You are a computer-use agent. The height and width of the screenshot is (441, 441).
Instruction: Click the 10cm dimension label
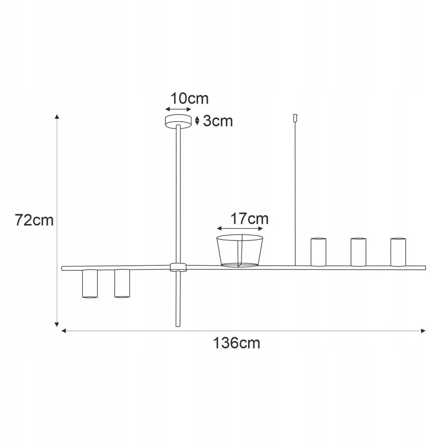[190, 98]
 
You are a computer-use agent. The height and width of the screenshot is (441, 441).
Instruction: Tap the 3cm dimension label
[218, 121]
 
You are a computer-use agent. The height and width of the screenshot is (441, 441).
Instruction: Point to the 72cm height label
[34, 220]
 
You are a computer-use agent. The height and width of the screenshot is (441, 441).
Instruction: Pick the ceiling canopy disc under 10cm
[178, 121]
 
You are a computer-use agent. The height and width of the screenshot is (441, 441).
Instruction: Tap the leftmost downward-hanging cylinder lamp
[90, 283]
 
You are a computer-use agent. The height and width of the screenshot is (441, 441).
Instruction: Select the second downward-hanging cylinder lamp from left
[122, 283]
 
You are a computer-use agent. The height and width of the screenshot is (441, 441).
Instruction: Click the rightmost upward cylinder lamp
[398, 252]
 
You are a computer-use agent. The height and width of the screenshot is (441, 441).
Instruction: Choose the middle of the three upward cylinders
[358, 252]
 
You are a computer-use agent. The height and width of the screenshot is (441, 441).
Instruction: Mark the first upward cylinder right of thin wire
[318, 252]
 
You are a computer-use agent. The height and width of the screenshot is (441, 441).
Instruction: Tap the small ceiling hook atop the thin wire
[295, 118]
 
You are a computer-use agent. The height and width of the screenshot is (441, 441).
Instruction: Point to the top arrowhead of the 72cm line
[57, 117]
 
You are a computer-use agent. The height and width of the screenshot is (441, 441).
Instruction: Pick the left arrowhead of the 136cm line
[63, 331]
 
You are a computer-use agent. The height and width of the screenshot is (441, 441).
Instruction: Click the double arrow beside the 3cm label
[197, 121]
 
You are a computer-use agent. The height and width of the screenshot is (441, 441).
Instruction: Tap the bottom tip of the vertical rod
[178, 326]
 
